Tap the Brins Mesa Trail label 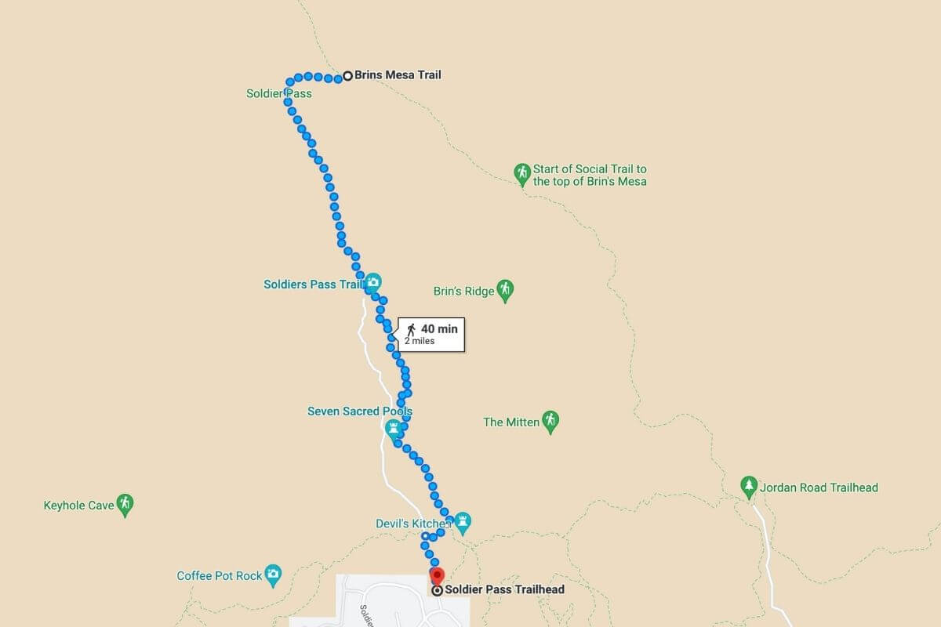point(398,75)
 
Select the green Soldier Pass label point(278,94)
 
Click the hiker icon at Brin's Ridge point(505,290)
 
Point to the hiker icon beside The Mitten point(550,421)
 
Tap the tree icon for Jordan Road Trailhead point(749,486)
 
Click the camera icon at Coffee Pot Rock point(273,574)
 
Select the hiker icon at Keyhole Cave point(124,504)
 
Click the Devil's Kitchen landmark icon point(463,520)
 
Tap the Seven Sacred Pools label point(359,411)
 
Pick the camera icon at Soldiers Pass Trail point(373,282)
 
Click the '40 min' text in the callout point(439,329)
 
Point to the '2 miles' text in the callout point(420,341)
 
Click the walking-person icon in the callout point(411,328)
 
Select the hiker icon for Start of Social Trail point(522,172)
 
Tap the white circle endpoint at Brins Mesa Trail point(347,77)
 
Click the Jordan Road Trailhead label point(819,487)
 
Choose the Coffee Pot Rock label point(220,576)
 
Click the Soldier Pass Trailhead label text point(504,589)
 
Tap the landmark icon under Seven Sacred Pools point(393,428)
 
